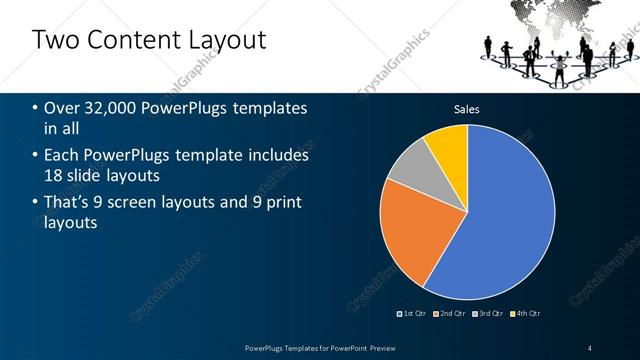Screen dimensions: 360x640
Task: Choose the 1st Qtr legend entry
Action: point(413,314)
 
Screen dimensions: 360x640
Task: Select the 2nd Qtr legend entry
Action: point(451,314)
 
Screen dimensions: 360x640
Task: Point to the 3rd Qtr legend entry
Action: point(489,314)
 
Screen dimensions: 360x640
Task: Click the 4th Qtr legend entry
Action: point(527,314)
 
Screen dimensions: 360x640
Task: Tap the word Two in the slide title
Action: point(55,40)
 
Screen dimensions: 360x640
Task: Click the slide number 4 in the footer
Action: point(589,347)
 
